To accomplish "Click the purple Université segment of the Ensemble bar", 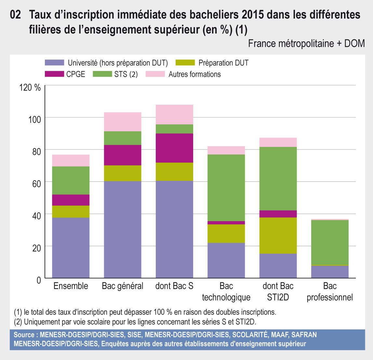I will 71,247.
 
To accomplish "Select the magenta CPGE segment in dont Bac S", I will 174,148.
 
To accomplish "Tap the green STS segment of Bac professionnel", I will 330,242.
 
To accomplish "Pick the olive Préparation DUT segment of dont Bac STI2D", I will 278,235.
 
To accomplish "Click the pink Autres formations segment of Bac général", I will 123,122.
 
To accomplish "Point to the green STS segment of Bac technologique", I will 226,188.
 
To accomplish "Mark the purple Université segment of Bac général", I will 123,229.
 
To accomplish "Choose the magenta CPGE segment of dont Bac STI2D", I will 278,214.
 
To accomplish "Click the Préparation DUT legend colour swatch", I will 185,62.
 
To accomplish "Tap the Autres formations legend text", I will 194,74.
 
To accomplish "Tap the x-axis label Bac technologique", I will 226,292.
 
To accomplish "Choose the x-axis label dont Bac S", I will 174,286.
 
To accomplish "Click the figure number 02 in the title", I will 16,15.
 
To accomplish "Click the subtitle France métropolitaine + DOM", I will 306,43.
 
